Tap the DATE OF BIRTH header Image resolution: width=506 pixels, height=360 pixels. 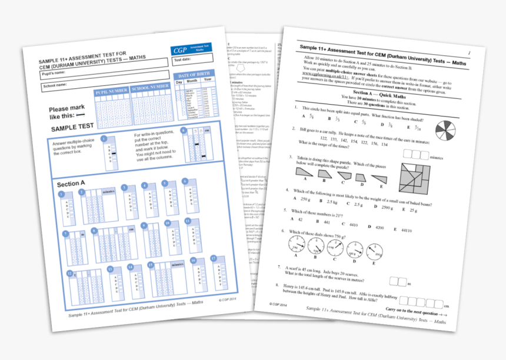pos(195,75)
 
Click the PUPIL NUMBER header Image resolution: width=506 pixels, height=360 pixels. pos(111,91)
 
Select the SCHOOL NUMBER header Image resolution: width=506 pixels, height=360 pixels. pos(150,88)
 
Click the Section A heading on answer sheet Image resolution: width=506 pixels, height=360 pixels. pos(71,184)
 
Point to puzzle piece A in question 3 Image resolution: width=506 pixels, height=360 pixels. pos(306,171)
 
